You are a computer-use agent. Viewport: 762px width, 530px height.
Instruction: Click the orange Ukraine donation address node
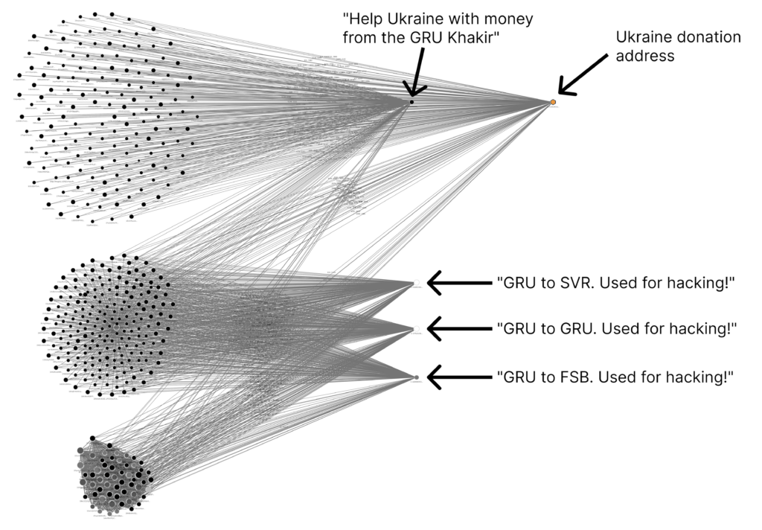[x=553, y=101]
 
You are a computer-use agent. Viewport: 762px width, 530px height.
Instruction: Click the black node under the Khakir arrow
[x=411, y=101]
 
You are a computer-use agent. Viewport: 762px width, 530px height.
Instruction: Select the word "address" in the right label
[x=646, y=56]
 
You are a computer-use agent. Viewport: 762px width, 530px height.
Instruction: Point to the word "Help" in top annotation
[x=362, y=18]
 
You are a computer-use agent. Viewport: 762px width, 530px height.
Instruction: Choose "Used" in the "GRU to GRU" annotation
[x=612, y=328]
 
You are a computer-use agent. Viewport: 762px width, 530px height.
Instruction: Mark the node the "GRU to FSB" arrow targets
[x=417, y=377]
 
